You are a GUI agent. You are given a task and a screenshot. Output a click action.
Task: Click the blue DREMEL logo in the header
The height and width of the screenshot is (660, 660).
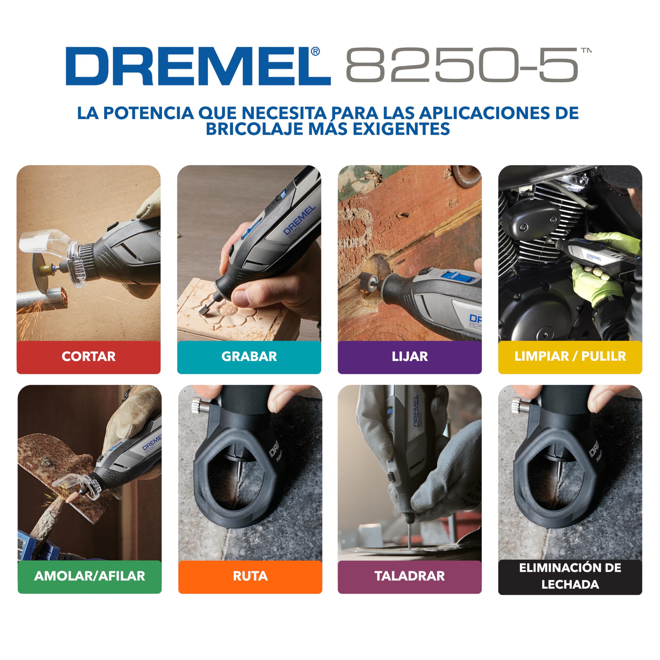pos(198,66)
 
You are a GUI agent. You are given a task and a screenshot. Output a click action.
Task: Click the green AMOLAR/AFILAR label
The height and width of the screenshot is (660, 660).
pos(89,576)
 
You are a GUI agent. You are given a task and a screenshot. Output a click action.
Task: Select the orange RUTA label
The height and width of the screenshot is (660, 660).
pos(250,576)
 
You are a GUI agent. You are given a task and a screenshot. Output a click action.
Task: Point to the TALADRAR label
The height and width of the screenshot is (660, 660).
pos(410,576)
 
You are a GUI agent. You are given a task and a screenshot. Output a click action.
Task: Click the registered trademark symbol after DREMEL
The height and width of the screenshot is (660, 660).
pos(315,52)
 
